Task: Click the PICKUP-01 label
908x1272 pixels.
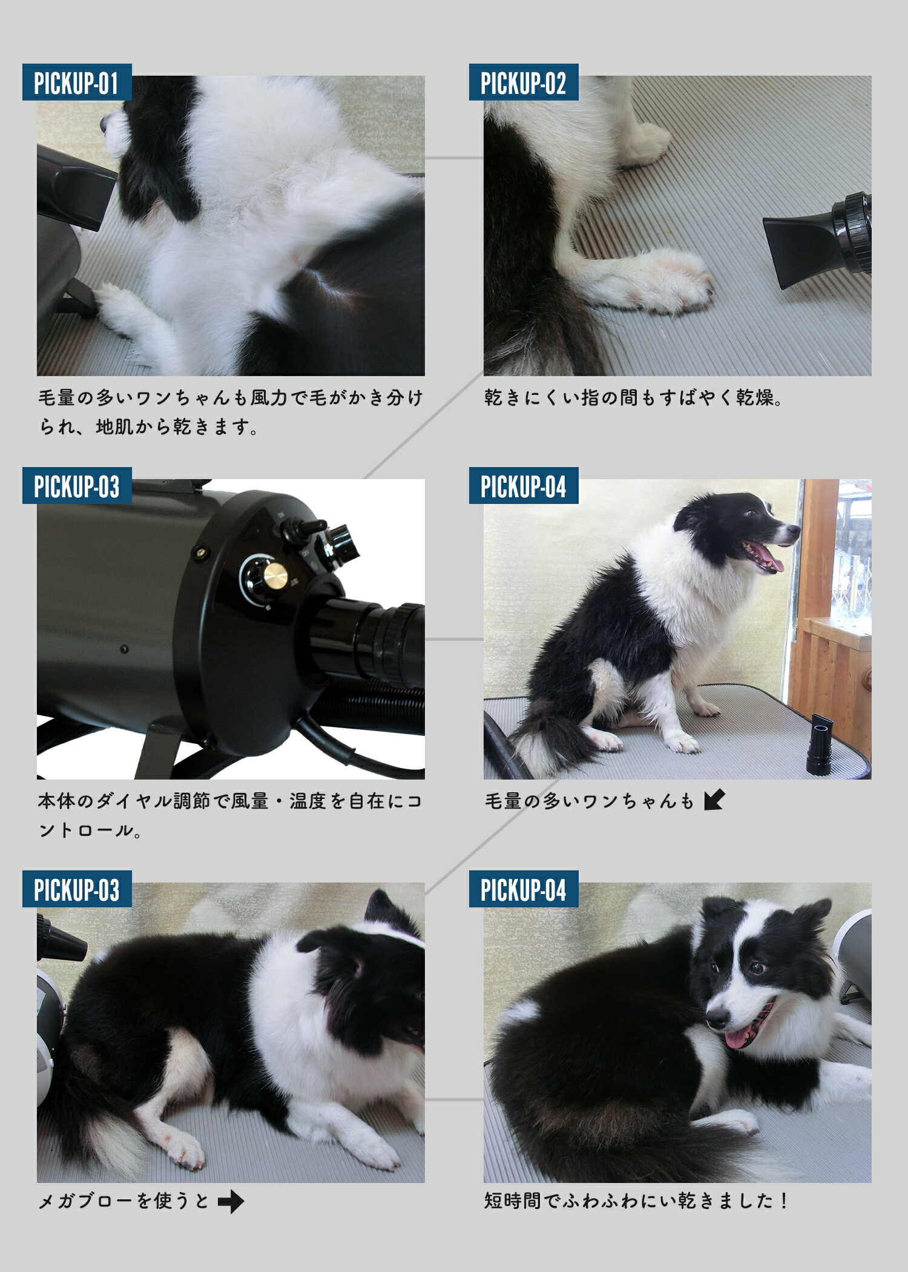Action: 77,82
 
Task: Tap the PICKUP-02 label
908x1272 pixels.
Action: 523,82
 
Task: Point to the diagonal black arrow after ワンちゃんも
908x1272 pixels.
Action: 714,800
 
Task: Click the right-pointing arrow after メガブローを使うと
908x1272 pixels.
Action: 231,1201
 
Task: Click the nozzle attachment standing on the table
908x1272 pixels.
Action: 819,745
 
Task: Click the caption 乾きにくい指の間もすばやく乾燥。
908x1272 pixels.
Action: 633,398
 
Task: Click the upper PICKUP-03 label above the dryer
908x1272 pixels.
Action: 77,486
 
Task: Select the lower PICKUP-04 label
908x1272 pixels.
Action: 523,889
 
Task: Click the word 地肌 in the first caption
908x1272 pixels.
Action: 114,427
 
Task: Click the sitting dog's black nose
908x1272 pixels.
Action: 793,531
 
